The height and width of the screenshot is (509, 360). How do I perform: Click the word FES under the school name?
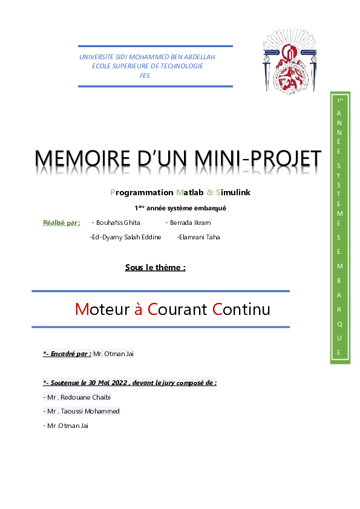[145, 76]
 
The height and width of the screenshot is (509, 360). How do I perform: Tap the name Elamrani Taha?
[198, 237]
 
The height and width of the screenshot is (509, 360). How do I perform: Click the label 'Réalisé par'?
[61, 222]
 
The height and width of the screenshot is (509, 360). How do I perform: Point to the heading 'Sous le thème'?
[155, 267]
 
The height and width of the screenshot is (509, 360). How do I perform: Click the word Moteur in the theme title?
[102, 310]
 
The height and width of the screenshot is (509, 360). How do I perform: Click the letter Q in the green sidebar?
[339, 323]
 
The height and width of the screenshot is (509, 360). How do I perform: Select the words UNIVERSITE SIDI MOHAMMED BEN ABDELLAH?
[147, 57]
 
